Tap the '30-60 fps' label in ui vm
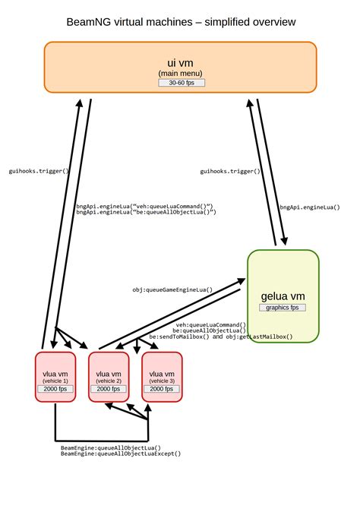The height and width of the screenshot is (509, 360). click(182, 82)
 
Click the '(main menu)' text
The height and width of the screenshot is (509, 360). click(181, 73)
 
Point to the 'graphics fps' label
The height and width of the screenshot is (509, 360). click(283, 308)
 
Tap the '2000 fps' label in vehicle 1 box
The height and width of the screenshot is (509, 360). click(55, 388)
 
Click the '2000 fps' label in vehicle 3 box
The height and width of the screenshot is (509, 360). click(162, 388)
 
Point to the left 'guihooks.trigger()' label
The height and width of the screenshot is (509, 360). click(38, 171)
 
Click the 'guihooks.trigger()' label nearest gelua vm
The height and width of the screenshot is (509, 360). click(230, 171)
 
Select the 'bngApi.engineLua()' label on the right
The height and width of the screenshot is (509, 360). click(309, 206)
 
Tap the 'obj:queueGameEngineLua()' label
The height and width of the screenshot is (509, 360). click(172, 289)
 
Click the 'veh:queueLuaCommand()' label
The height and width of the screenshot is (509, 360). click(209, 324)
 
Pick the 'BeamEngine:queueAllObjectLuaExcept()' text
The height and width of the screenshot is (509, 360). click(121, 454)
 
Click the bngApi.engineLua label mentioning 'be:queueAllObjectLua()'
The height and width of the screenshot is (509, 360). click(147, 213)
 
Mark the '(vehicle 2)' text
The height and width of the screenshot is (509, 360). click(109, 380)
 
